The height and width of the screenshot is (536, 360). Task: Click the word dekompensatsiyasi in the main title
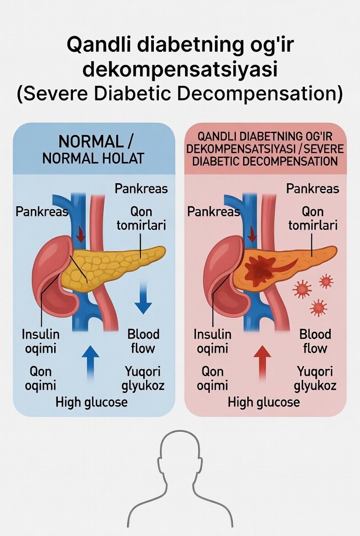click(x=180, y=70)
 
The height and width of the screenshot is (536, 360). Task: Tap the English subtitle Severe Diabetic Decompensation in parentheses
click(x=180, y=93)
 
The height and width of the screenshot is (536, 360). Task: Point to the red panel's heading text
click(x=265, y=149)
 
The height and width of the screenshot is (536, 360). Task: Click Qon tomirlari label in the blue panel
click(x=141, y=218)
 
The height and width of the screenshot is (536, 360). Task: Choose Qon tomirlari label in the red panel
click(x=313, y=218)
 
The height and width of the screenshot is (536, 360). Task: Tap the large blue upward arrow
click(x=90, y=362)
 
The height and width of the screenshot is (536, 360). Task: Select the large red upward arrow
click(x=262, y=362)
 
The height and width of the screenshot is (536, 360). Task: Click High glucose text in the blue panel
click(x=91, y=402)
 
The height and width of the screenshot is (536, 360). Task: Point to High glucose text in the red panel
click(x=264, y=402)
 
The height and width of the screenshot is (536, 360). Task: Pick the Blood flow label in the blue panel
click(x=143, y=341)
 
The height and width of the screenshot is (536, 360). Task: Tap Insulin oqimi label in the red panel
click(x=213, y=341)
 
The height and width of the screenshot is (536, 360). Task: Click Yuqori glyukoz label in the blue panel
click(x=143, y=378)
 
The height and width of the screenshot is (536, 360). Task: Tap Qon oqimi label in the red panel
click(x=213, y=378)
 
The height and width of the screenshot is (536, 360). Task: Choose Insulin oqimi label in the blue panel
click(x=41, y=341)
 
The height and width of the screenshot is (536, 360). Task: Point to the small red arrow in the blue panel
click(x=81, y=234)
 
